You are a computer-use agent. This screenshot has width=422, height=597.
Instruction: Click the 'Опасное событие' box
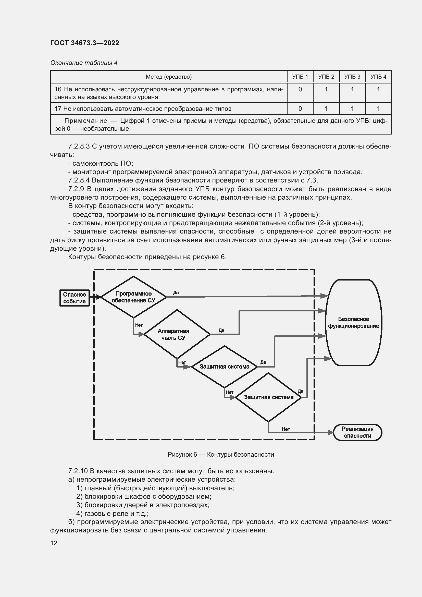75,298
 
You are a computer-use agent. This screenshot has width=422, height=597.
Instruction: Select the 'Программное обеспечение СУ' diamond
133,297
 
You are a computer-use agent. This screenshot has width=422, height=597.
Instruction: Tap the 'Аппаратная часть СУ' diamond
177,334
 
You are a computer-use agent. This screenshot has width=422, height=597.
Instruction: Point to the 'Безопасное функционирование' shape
353,322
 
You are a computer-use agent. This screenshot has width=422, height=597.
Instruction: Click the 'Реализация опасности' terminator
357,432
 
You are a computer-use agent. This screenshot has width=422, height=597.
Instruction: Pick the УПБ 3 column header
352,77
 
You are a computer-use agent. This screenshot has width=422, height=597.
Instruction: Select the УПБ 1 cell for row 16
300,89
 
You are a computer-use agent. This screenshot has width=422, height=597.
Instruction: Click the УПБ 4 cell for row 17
378,109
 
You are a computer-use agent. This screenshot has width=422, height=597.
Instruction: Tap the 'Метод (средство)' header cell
169,77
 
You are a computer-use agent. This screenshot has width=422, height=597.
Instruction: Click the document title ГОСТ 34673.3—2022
85,43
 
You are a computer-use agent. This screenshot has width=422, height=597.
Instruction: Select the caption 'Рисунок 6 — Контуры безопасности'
221,455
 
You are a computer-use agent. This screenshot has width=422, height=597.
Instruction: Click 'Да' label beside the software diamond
176,293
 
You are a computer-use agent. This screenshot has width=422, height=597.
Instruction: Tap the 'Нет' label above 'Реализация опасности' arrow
286,429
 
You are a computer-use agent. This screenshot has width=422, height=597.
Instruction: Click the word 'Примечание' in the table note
86,121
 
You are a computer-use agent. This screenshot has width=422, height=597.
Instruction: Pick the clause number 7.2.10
78,471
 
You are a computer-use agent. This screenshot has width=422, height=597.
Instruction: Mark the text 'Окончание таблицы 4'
84,63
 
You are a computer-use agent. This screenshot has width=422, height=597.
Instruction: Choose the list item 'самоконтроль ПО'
102,163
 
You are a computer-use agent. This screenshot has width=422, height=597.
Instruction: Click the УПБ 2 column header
326,77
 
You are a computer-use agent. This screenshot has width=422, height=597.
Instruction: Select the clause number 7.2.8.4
79,180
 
